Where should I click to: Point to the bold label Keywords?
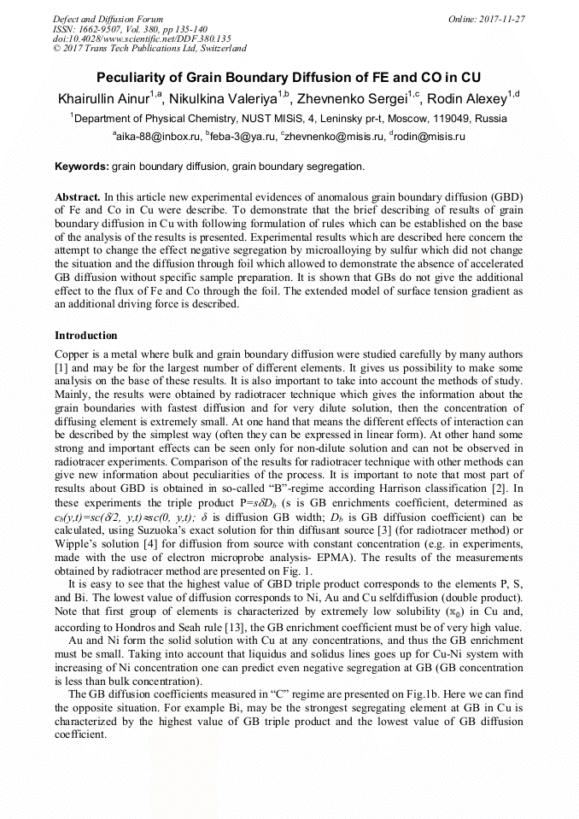point(82,167)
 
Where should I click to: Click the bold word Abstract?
point(78,196)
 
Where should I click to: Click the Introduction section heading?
point(86,336)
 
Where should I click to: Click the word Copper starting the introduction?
point(73,354)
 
